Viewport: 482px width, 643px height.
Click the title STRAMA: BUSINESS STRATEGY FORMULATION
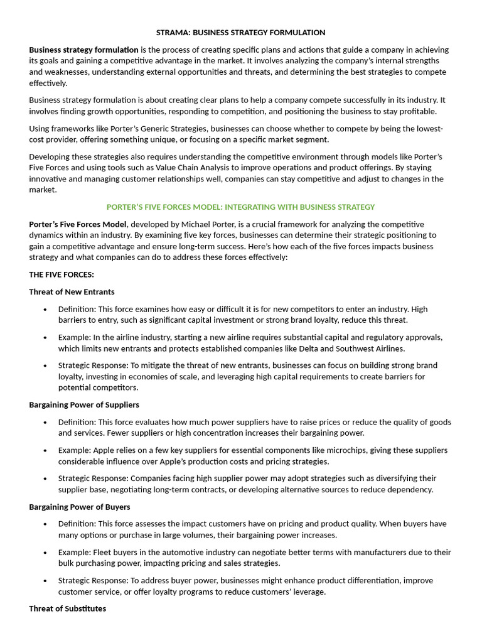point(241,32)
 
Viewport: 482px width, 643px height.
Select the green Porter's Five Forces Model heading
point(241,207)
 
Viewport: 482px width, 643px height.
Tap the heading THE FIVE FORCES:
point(62,274)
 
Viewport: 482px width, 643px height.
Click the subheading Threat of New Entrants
point(72,291)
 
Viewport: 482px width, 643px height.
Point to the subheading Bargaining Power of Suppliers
point(84,404)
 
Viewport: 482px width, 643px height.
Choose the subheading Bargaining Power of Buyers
point(80,506)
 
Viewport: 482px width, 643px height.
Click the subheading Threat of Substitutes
point(68,608)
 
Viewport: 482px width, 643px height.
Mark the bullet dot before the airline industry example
point(45,337)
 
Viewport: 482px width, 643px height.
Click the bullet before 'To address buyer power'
point(45,580)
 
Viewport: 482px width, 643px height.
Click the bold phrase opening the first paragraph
point(83,50)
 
